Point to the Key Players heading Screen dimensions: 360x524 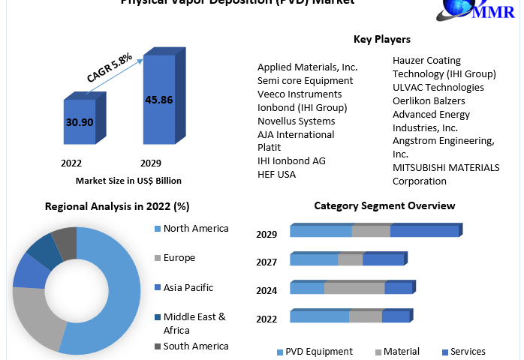[381, 39]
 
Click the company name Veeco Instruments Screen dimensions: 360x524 [300, 94]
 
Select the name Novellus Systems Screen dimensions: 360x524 [296, 121]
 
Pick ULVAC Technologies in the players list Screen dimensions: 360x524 [438, 87]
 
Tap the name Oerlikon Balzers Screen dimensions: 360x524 [429, 100]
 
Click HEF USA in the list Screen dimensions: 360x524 [276, 175]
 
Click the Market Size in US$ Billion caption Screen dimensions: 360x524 [128, 180]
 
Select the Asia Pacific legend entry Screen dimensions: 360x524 [188, 287]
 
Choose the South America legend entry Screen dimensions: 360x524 [195, 346]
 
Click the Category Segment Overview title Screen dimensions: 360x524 [384, 205]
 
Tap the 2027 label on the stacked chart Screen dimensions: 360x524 [267, 262]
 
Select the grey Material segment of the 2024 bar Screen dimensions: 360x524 [354, 288]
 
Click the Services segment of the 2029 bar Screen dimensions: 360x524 [424, 231]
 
